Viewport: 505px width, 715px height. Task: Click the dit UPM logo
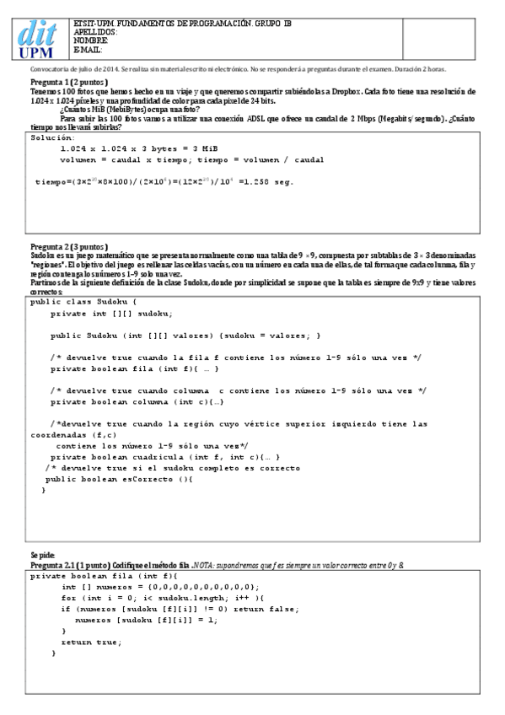(39, 39)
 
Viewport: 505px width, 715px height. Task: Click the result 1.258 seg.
(271, 181)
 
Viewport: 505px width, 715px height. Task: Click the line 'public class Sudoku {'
(89, 301)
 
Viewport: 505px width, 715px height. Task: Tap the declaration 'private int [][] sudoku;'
(111, 314)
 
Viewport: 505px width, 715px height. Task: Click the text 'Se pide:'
(43, 554)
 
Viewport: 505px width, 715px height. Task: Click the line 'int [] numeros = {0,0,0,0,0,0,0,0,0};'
(160, 587)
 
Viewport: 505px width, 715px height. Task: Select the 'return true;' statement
(91, 642)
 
